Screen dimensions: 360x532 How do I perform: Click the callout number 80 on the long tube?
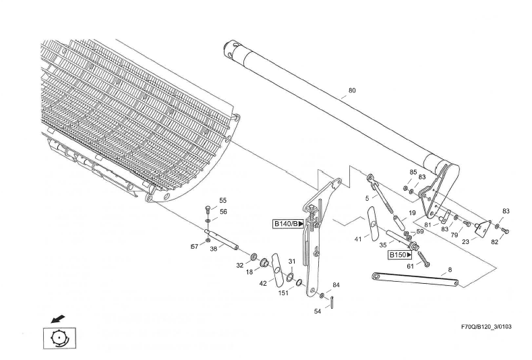point(351,90)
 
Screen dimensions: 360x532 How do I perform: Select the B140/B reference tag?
point(288,223)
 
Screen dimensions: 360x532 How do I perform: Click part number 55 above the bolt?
point(223,200)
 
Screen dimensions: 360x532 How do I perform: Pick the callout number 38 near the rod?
point(213,248)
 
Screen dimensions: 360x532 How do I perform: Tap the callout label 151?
point(285,293)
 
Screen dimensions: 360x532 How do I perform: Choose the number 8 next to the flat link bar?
point(450,270)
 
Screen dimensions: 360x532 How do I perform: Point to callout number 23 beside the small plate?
point(465,239)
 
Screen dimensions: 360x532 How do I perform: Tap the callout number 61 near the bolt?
point(409,266)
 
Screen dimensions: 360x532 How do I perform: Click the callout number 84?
point(336,285)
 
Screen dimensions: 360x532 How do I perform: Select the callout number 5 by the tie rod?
point(367,198)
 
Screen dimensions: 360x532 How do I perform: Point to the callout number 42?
point(263,283)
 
